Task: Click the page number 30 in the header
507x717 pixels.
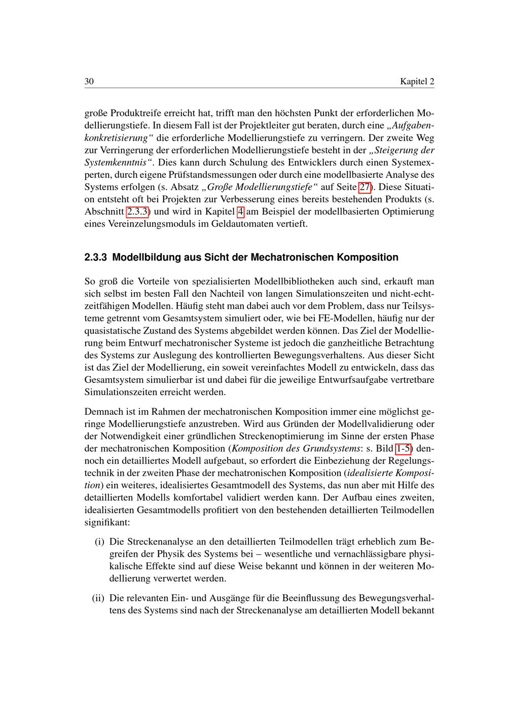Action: click(x=89, y=82)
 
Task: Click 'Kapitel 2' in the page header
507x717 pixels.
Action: click(x=417, y=82)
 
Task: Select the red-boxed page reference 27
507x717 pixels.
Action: click(x=365, y=187)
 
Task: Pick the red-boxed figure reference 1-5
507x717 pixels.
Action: click(x=404, y=448)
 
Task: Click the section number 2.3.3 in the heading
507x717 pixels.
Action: click(x=96, y=257)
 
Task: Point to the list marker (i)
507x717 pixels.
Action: click(x=100, y=542)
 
